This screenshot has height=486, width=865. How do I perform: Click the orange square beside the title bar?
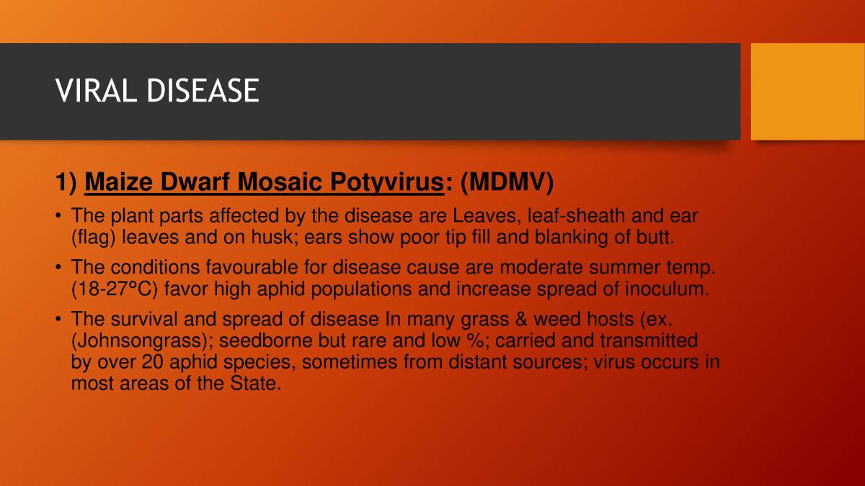pyautogui.click(x=807, y=91)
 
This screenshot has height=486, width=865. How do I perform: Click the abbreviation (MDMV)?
pyautogui.click(x=506, y=184)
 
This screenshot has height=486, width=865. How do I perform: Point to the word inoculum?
pyautogui.click(x=668, y=289)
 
